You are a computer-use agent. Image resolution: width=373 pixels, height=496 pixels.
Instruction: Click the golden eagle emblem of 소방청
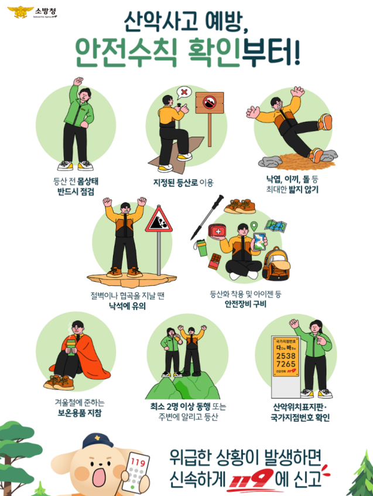pyautogui.click(x=20, y=12)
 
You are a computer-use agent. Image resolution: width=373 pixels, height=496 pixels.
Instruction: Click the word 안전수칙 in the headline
pyautogui.click(x=126, y=53)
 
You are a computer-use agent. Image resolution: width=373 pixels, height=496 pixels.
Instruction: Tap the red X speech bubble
pyautogui.click(x=184, y=93)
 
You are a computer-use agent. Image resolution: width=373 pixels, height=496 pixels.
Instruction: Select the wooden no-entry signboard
pyautogui.click(x=210, y=103)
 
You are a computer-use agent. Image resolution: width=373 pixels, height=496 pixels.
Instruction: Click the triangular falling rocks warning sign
pyautogui.click(x=159, y=220)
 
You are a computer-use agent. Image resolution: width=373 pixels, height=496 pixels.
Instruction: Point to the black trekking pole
pyautogui.click(x=207, y=217)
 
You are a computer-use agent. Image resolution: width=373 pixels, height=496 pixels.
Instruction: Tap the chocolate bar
pyautogui.click(x=215, y=261)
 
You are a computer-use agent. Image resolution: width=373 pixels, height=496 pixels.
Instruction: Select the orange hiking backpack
pyautogui.click(x=276, y=265)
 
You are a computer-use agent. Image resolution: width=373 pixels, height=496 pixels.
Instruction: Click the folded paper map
pyautogui.click(x=276, y=226)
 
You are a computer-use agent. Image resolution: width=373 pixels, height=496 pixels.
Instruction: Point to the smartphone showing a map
pyautogui.click(x=260, y=242)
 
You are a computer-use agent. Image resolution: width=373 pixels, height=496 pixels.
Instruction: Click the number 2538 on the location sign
pyautogui.click(x=286, y=356)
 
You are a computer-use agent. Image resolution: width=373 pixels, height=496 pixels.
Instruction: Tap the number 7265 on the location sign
pyautogui.click(x=286, y=364)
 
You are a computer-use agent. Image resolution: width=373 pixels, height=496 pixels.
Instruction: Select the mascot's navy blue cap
pyautogui.click(x=97, y=442)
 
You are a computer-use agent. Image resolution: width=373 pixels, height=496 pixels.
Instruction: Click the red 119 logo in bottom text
pyautogui.click(x=252, y=478)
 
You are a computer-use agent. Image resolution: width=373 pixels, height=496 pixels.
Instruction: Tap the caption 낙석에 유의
pyautogui.click(x=128, y=306)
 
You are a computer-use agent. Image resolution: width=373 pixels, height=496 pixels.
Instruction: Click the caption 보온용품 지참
pyautogui.click(x=80, y=413)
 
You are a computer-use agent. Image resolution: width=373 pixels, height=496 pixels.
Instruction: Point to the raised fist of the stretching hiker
pyautogui.click(x=78, y=81)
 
